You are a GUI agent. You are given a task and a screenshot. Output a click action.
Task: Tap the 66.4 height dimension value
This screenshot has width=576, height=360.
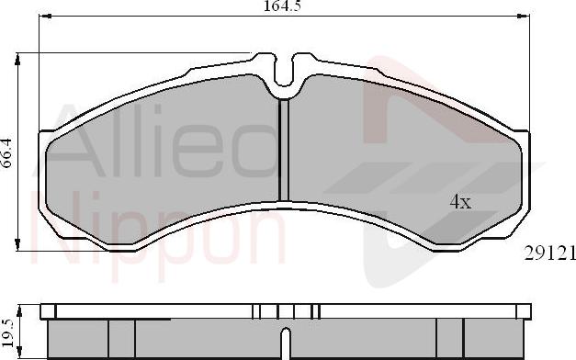click(x=8, y=152)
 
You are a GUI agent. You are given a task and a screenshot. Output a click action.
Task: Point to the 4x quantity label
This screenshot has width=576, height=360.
click(x=460, y=202)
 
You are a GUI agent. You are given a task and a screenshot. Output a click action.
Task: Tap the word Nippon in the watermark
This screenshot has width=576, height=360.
click(x=156, y=230)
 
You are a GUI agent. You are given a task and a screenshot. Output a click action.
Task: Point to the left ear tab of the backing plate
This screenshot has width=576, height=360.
click(x=43, y=138)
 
